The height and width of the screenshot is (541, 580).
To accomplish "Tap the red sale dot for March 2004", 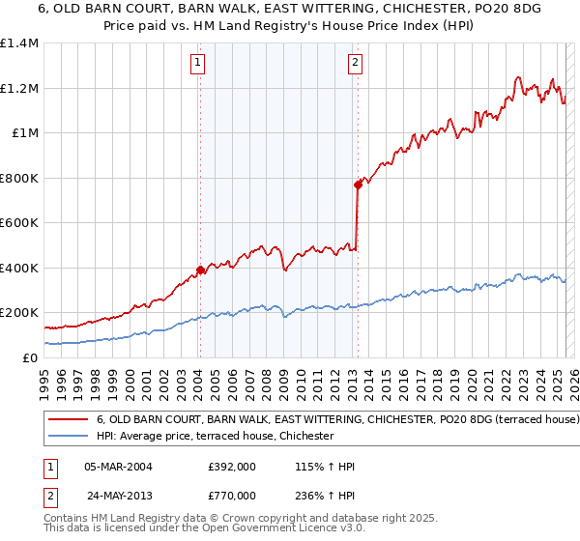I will tap(200, 270).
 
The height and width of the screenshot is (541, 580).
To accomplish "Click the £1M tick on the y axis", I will tap(26, 133).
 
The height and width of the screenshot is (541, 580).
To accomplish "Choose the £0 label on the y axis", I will tap(32, 357).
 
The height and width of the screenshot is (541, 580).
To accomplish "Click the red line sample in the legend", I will tap(69, 420).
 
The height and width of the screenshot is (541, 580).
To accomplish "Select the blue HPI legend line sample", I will tap(69, 437).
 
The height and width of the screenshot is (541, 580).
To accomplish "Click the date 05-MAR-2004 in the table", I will tap(119, 467).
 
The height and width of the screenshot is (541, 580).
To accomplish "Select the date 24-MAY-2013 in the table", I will tap(119, 496).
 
